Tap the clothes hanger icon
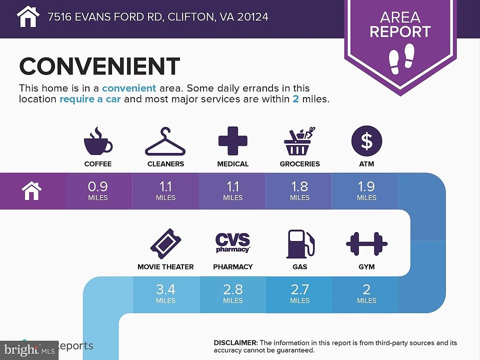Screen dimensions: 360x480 [165, 142]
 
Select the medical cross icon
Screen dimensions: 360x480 [233, 140]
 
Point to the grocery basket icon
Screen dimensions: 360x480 [299, 141]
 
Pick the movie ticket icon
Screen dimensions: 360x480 [165, 244]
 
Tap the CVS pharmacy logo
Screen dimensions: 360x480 [233, 242]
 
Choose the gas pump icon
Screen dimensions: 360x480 [300, 244]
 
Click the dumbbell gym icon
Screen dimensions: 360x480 [366, 244]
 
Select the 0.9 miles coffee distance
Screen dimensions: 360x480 [98, 190]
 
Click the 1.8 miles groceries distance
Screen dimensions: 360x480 [299, 190]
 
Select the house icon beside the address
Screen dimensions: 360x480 [28, 16]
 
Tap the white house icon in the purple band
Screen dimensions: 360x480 [31, 190]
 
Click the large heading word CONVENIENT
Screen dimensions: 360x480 [99, 66]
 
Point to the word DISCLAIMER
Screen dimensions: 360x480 [235, 342]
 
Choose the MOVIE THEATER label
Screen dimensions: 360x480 [165, 267]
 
